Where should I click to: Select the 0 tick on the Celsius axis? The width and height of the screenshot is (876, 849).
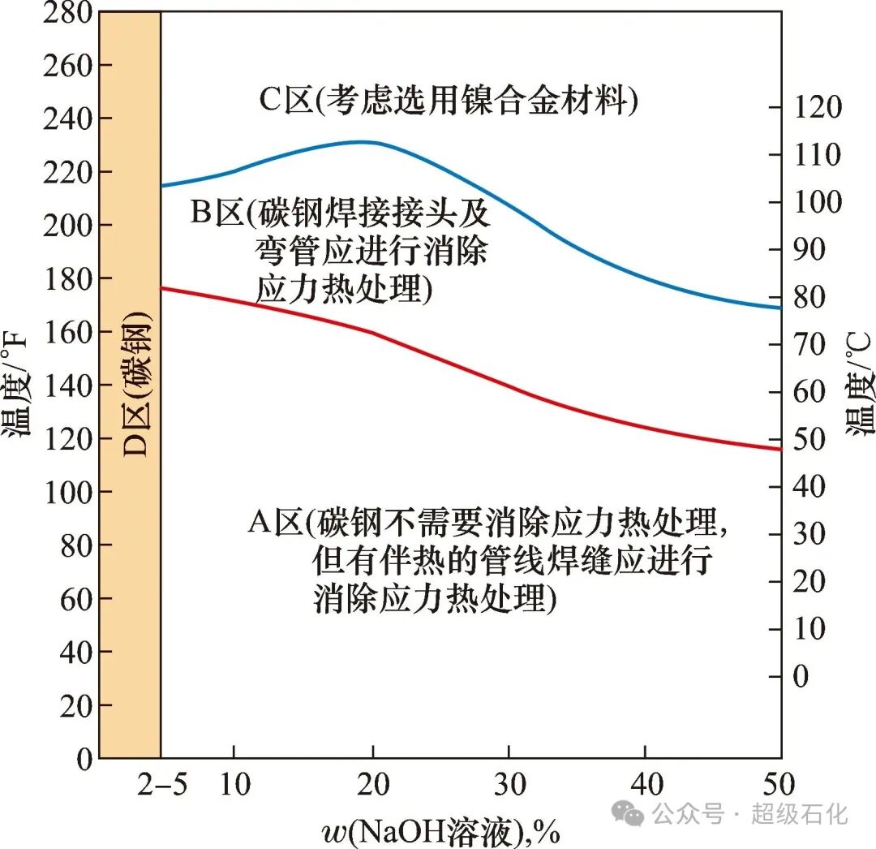(801, 676)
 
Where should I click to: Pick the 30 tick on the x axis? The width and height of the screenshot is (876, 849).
(509, 786)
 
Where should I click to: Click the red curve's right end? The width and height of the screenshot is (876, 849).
(779, 449)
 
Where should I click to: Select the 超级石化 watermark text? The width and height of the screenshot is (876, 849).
(798, 812)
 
